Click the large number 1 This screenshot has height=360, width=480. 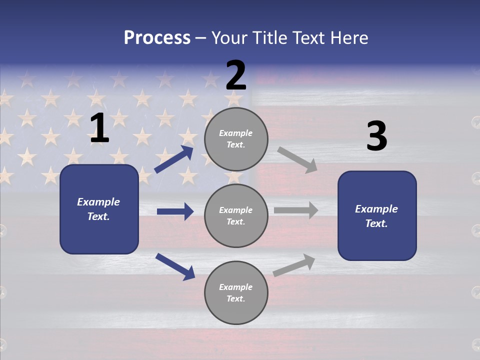coord(99,128)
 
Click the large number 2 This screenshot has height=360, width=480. coord(236,75)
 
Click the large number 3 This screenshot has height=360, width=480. coord(376,136)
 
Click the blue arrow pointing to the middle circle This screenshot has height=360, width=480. coord(175,211)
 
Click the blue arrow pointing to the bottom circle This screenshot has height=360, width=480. coord(175,266)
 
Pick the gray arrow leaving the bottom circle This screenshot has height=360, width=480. coord(294,265)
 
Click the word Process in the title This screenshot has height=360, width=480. coord(157,37)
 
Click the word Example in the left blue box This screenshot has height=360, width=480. coord(98,202)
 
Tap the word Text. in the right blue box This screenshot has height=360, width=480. coord(376,223)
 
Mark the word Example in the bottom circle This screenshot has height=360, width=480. coord(236,287)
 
